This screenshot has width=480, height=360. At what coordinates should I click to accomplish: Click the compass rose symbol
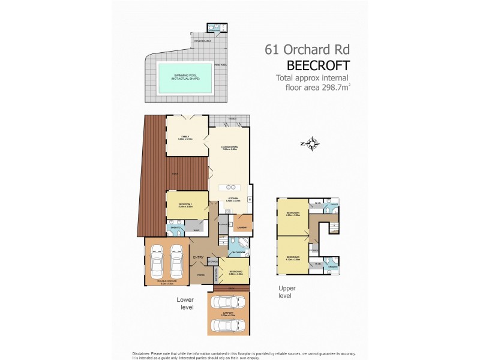[x=312, y=143]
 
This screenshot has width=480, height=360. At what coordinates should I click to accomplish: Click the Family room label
[x=184, y=137]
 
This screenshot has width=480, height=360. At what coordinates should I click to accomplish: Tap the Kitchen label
[x=233, y=199]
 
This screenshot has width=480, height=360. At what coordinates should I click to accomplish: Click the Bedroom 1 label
[x=186, y=206]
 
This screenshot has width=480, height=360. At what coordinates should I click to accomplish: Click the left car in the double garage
[x=157, y=261]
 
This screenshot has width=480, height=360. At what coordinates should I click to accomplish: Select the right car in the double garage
[x=177, y=261]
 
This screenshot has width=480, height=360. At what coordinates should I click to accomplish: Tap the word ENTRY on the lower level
[x=199, y=258]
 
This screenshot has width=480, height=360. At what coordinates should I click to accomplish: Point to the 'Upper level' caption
[x=287, y=292]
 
